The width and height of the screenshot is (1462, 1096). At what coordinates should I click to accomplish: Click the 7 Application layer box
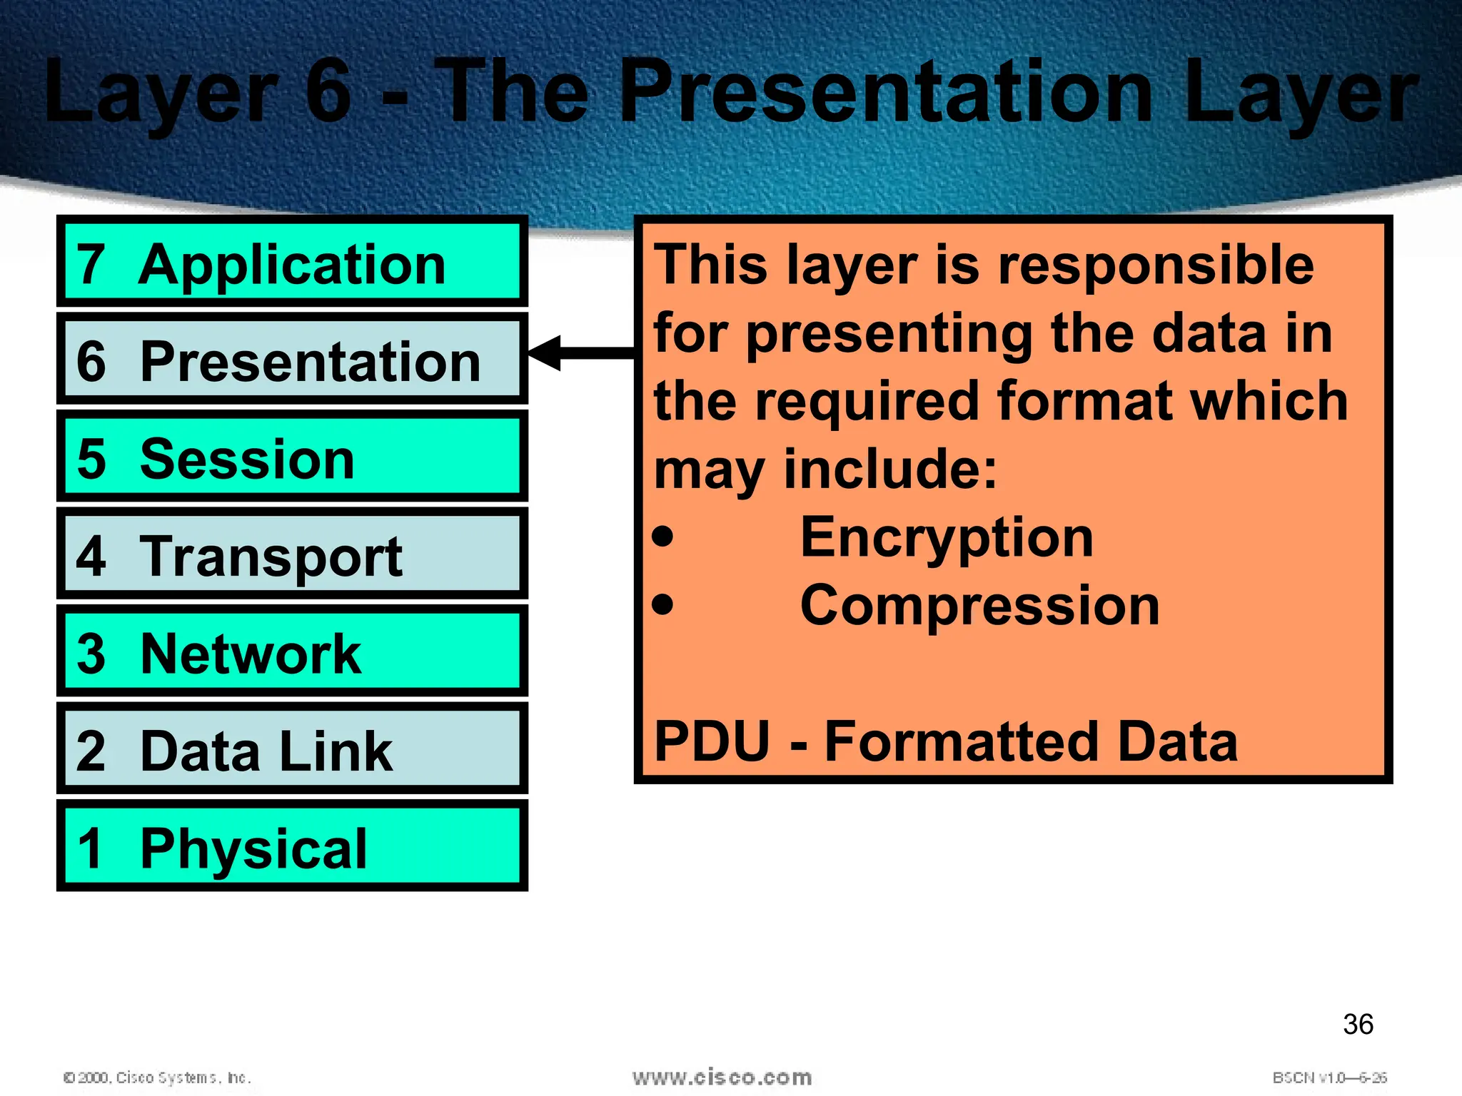[x=292, y=262]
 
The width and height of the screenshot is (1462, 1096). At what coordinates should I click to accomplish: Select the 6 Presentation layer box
[x=292, y=359]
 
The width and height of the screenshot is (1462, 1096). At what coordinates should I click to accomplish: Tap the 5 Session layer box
[x=292, y=457]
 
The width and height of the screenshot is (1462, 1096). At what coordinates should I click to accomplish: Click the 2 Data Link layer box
[x=292, y=749]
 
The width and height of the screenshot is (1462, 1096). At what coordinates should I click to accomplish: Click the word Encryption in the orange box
[x=947, y=538]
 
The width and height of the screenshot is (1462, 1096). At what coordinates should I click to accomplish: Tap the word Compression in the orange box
[x=979, y=606]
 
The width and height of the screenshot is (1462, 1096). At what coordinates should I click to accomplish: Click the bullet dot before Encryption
[x=662, y=536]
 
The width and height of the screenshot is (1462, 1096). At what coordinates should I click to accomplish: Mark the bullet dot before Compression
[x=662, y=604]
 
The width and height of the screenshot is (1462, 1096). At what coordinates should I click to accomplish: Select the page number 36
[x=1358, y=1024]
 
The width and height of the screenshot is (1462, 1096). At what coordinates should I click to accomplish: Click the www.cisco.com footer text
[x=722, y=1077]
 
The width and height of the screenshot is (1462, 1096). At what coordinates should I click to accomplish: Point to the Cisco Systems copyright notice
[x=157, y=1077]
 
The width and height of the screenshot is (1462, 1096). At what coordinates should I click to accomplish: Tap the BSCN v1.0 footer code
[x=1329, y=1077]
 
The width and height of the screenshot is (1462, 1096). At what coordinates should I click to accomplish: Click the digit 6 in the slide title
[x=328, y=91]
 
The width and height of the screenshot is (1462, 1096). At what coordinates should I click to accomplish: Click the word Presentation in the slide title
[x=886, y=91]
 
